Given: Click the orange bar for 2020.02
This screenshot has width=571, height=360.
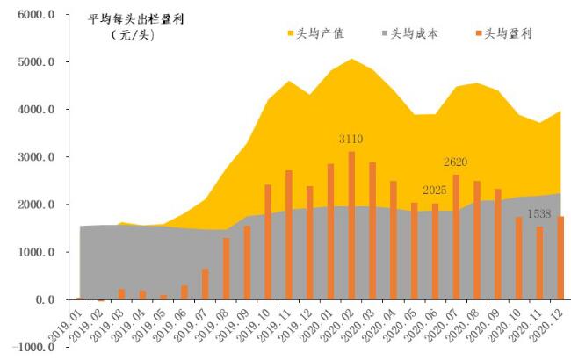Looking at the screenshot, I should tap(351, 226).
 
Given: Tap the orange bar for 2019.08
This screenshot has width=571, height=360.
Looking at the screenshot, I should tap(226, 269).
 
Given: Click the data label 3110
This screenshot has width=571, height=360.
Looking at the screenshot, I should tap(351, 140).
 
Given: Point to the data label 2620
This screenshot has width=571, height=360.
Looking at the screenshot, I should tap(456, 162).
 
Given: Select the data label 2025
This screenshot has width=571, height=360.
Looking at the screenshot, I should tap(435, 191).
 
